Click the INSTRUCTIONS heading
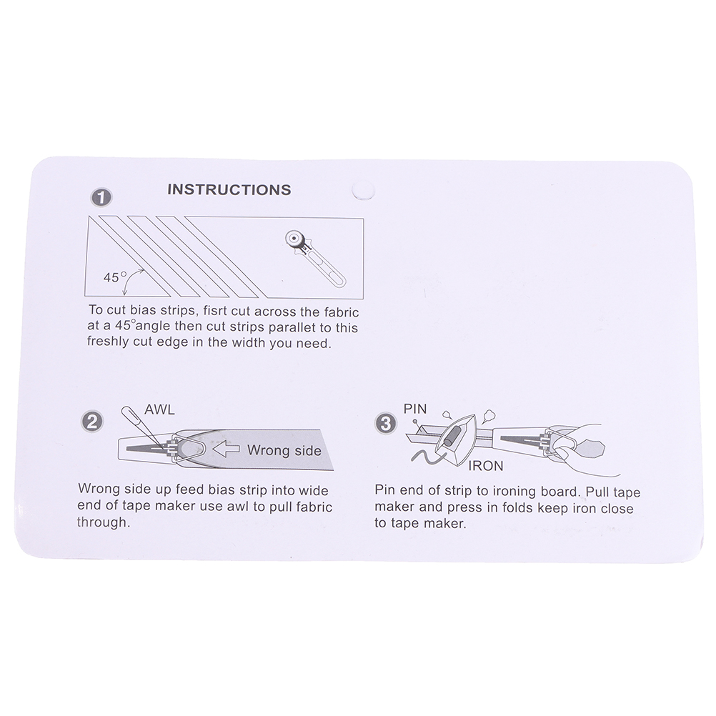click(229, 189)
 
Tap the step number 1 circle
click(101, 198)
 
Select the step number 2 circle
click(91, 422)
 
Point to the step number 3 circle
click(386, 423)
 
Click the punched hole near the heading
click(363, 191)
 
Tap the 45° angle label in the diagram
click(114, 277)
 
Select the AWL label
click(159, 409)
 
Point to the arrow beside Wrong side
click(226, 449)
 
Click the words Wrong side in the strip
click(284, 450)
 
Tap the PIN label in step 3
click(415, 409)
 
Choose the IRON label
click(485, 466)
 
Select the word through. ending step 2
click(104, 522)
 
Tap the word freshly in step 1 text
click(108, 342)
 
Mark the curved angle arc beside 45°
click(131, 280)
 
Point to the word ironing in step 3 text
click(515, 492)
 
